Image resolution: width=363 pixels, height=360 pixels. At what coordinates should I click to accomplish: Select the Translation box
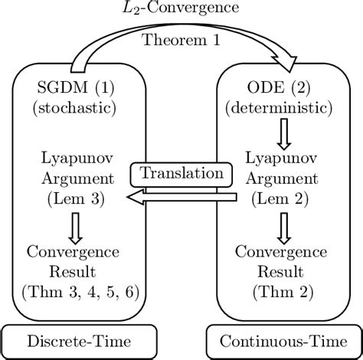click(181, 174)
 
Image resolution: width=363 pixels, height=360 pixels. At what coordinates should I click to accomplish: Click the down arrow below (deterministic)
click(286, 133)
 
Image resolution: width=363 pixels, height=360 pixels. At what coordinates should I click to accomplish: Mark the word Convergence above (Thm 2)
click(286, 251)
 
